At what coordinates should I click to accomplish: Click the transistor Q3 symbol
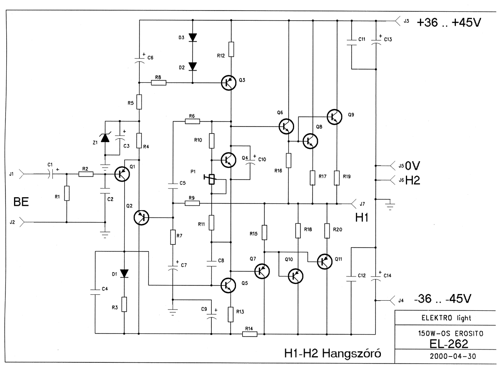[x=229, y=83]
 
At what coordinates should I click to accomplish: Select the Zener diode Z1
[x=105, y=137]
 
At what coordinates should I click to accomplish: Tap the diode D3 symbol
[x=193, y=37]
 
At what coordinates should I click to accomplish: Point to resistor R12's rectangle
[x=231, y=49]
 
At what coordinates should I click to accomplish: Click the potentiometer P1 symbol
[x=211, y=180]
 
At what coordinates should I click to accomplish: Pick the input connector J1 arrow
[x=21, y=174]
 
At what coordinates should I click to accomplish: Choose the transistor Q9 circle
[x=334, y=117]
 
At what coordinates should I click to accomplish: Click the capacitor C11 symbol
[x=352, y=43]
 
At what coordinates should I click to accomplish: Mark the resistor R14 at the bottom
[x=250, y=334]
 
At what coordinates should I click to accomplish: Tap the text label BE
[x=21, y=202]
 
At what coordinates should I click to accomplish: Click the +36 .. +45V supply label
[x=449, y=23]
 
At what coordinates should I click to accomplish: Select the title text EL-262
[x=448, y=344]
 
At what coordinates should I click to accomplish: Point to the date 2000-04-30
[x=453, y=357]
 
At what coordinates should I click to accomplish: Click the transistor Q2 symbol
[x=141, y=218]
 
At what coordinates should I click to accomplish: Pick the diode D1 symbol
[x=124, y=273]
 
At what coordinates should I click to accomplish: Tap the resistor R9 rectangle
[x=192, y=203]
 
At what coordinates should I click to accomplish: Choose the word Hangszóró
[x=352, y=353]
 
